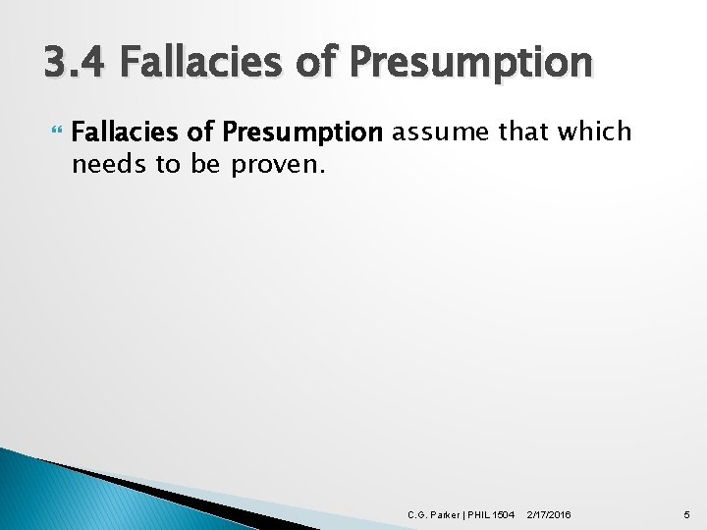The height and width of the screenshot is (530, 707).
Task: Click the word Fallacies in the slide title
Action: pyautogui.click(x=191, y=63)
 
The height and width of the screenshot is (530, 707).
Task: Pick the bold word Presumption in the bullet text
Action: pyautogui.click(x=301, y=132)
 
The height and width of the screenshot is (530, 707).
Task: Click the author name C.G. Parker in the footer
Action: pyautogui.click(x=433, y=513)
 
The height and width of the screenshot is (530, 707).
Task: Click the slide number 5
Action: pyautogui.click(x=685, y=513)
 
